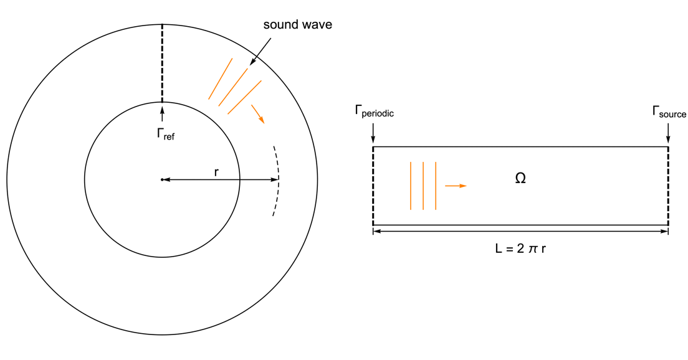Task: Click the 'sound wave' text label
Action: click(x=297, y=26)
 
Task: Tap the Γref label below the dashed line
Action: click(x=165, y=133)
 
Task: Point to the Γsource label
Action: click(x=669, y=112)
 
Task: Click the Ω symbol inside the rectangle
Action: click(x=520, y=179)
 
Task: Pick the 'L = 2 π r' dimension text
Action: click(x=520, y=248)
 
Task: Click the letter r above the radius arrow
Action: click(x=216, y=171)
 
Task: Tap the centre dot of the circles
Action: click(x=162, y=180)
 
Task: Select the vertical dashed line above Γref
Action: click(x=162, y=62)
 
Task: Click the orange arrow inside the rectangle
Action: click(x=456, y=186)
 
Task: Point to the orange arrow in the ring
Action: click(x=257, y=114)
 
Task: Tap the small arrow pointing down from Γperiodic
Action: click(x=373, y=133)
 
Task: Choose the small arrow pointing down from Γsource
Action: click(x=668, y=133)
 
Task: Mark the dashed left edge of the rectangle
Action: click(x=373, y=186)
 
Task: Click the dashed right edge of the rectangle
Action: click(x=668, y=186)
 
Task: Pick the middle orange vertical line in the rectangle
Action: click(x=423, y=186)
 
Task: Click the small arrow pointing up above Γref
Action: click(x=162, y=113)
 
